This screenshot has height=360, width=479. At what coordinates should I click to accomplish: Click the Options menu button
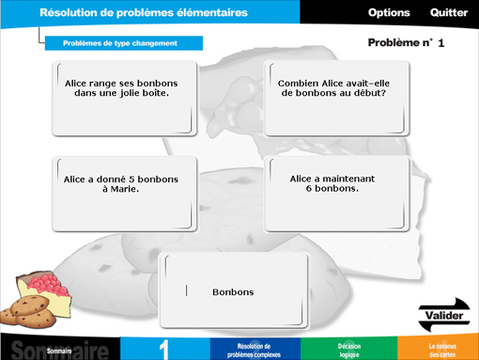(389, 12)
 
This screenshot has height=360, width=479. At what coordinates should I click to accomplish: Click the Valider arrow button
(442, 313)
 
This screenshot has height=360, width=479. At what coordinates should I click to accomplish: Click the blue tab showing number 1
(164, 349)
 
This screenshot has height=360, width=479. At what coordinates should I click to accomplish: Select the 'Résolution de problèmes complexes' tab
(254, 349)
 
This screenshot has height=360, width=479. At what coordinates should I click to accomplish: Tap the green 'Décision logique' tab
(348, 349)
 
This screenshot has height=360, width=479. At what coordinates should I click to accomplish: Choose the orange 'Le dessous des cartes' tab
(438, 349)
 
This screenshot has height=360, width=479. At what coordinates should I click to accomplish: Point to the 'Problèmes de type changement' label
(120, 43)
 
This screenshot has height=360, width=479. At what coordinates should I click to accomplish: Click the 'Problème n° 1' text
(406, 43)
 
